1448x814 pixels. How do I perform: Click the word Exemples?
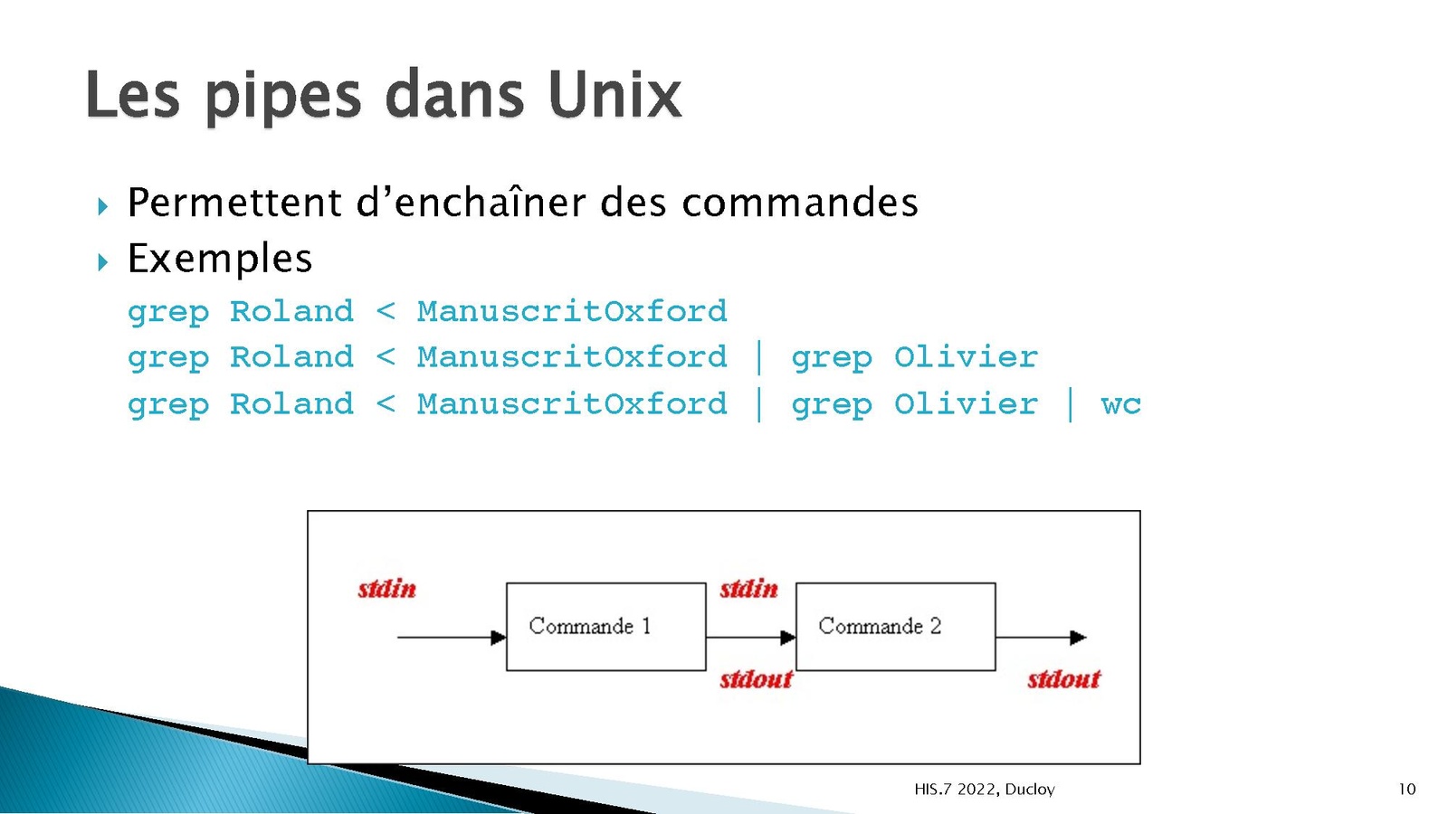point(220,260)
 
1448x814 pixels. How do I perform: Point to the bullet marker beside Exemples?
point(103,262)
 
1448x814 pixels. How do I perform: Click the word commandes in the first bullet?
point(800,203)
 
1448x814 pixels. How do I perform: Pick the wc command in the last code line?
point(1121,404)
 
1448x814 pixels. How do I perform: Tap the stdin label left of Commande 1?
point(386,589)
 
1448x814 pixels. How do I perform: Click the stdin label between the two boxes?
point(748,589)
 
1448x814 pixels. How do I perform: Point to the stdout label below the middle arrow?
point(756,679)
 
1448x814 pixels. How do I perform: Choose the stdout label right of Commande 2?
point(1063,679)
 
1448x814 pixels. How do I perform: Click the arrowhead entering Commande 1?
point(499,638)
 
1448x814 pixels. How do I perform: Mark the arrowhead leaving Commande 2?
point(1078,638)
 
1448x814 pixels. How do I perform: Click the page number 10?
point(1407,789)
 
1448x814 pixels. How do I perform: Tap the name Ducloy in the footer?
point(1030,789)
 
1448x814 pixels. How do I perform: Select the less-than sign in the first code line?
point(386,311)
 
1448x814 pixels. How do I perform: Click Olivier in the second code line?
point(966,356)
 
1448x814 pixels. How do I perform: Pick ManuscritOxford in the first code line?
point(572,311)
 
